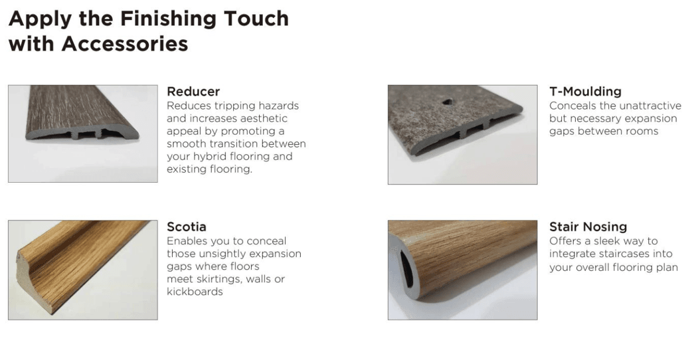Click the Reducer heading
coord(193,91)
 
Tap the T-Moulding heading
coord(585,91)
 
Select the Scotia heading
coord(187,226)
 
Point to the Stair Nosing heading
coord(588,226)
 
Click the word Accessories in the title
coord(125,43)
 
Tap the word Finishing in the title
coord(167,19)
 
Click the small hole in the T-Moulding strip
coord(447,102)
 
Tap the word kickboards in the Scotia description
coord(195,292)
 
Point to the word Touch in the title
coord(256,19)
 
